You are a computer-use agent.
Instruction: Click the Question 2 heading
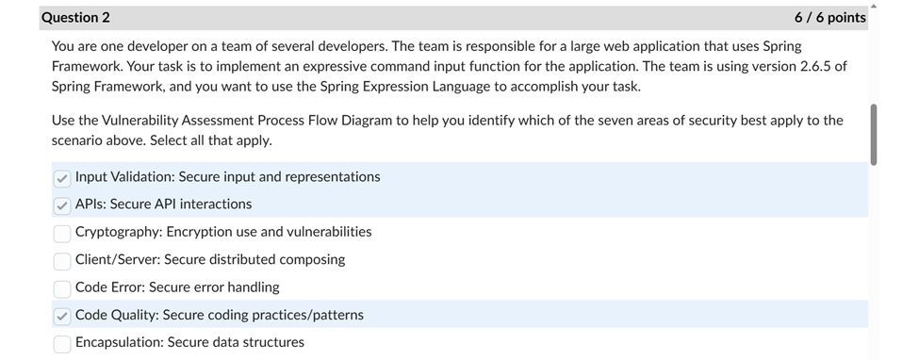[75, 17]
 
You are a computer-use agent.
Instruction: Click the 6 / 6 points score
[829, 17]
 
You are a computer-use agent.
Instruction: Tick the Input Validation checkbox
[62, 177]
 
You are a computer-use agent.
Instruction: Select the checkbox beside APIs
[62, 205]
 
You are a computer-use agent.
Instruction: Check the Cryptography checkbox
[62, 233]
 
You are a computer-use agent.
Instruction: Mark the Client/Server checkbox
[62, 260]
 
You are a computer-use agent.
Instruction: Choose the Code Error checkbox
[62, 287]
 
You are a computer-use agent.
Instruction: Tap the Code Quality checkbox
[62, 316]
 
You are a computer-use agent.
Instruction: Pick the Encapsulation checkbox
[62, 343]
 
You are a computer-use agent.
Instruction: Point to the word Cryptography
[118, 232]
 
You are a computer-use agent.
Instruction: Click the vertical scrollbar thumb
[875, 134]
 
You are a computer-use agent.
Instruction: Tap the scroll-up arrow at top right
[875, 6]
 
